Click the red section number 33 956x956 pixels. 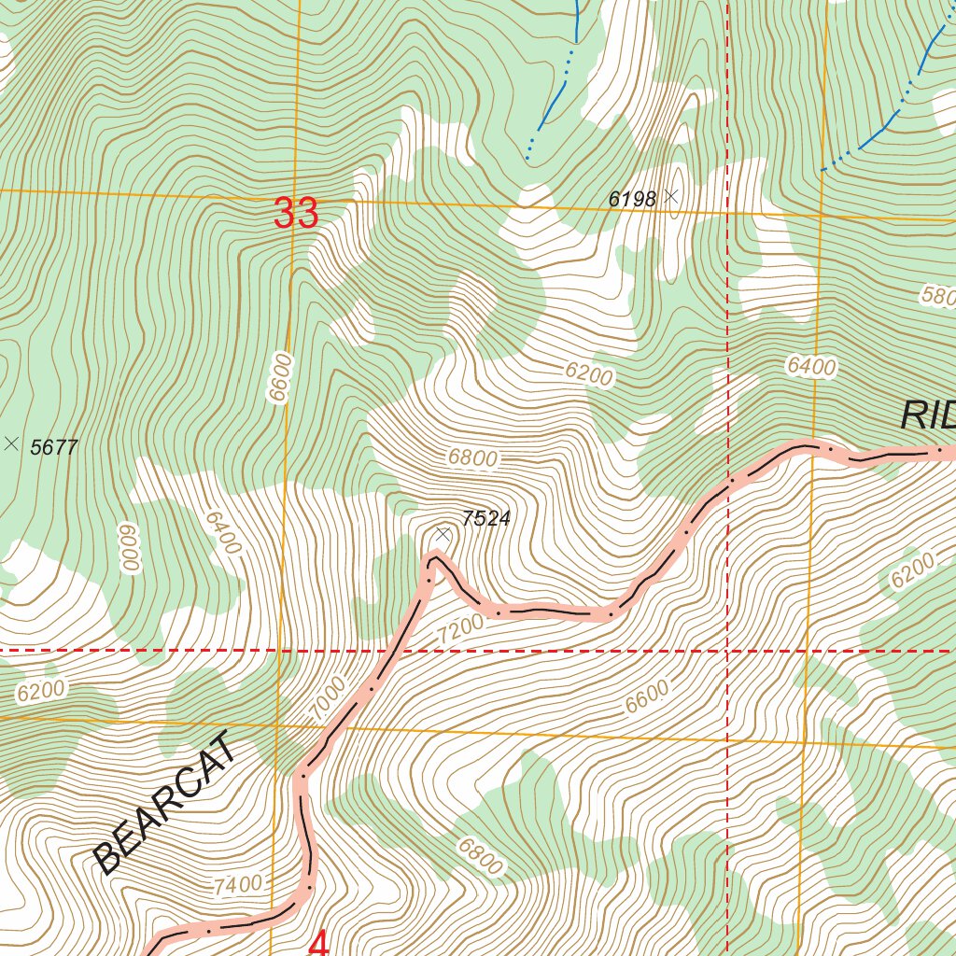click(x=296, y=214)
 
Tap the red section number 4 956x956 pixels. click(x=318, y=944)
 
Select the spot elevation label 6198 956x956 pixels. click(x=633, y=198)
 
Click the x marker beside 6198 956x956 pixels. click(x=670, y=196)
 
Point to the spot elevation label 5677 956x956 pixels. click(x=54, y=447)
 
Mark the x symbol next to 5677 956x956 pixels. click(x=11, y=444)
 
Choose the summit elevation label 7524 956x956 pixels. click(x=486, y=519)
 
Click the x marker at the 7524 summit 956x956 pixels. click(x=443, y=534)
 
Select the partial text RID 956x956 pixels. click(x=928, y=415)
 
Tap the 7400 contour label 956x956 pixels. click(x=237, y=883)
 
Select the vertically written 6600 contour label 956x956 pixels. click(x=279, y=377)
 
